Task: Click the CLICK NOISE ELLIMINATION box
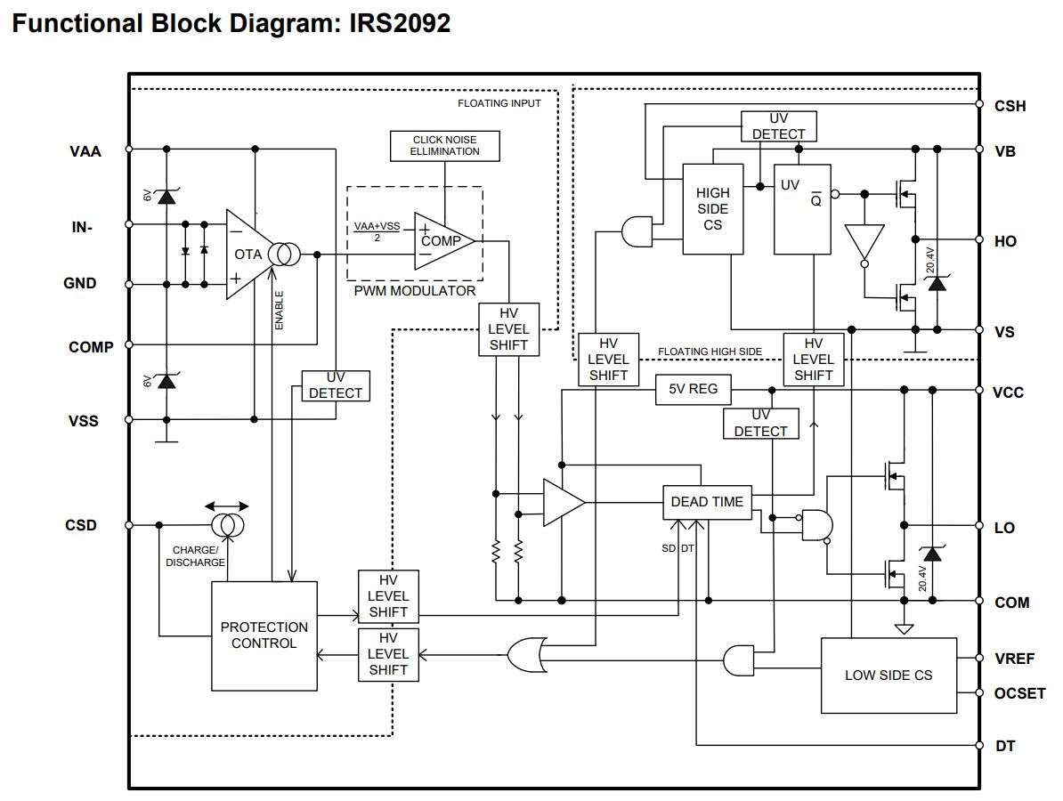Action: click(445, 146)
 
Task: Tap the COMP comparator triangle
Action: click(442, 241)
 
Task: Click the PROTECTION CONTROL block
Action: click(264, 635)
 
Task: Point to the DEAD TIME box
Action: click(707, 502)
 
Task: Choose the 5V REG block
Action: click(693, 389)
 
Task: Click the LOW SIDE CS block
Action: click(888, 676)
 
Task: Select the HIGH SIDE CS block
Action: click(712, 209)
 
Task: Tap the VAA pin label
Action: click(85, 151)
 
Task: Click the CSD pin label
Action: click(81, 525)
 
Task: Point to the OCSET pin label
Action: click(1019, 693)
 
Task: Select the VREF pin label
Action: click(1014, 659)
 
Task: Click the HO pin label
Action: click(1005, 241)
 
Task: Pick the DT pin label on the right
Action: click(1005, 746)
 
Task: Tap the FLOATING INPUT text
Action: click(499, 103)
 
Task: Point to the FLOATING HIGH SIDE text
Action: click(710, 352)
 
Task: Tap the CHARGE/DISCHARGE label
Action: click(195, 556)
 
